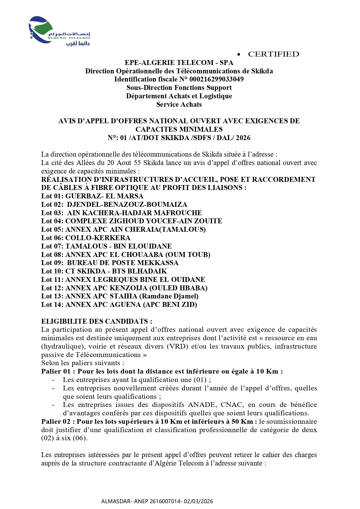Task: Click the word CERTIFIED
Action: [x=273, y=54]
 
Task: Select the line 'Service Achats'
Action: [x=179, y=104]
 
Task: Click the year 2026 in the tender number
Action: [x=243, y=138]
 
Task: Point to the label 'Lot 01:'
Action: [x=52, y=196]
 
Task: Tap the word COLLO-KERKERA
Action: [x=98, y=238]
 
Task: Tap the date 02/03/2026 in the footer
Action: [x=199, y=501]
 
